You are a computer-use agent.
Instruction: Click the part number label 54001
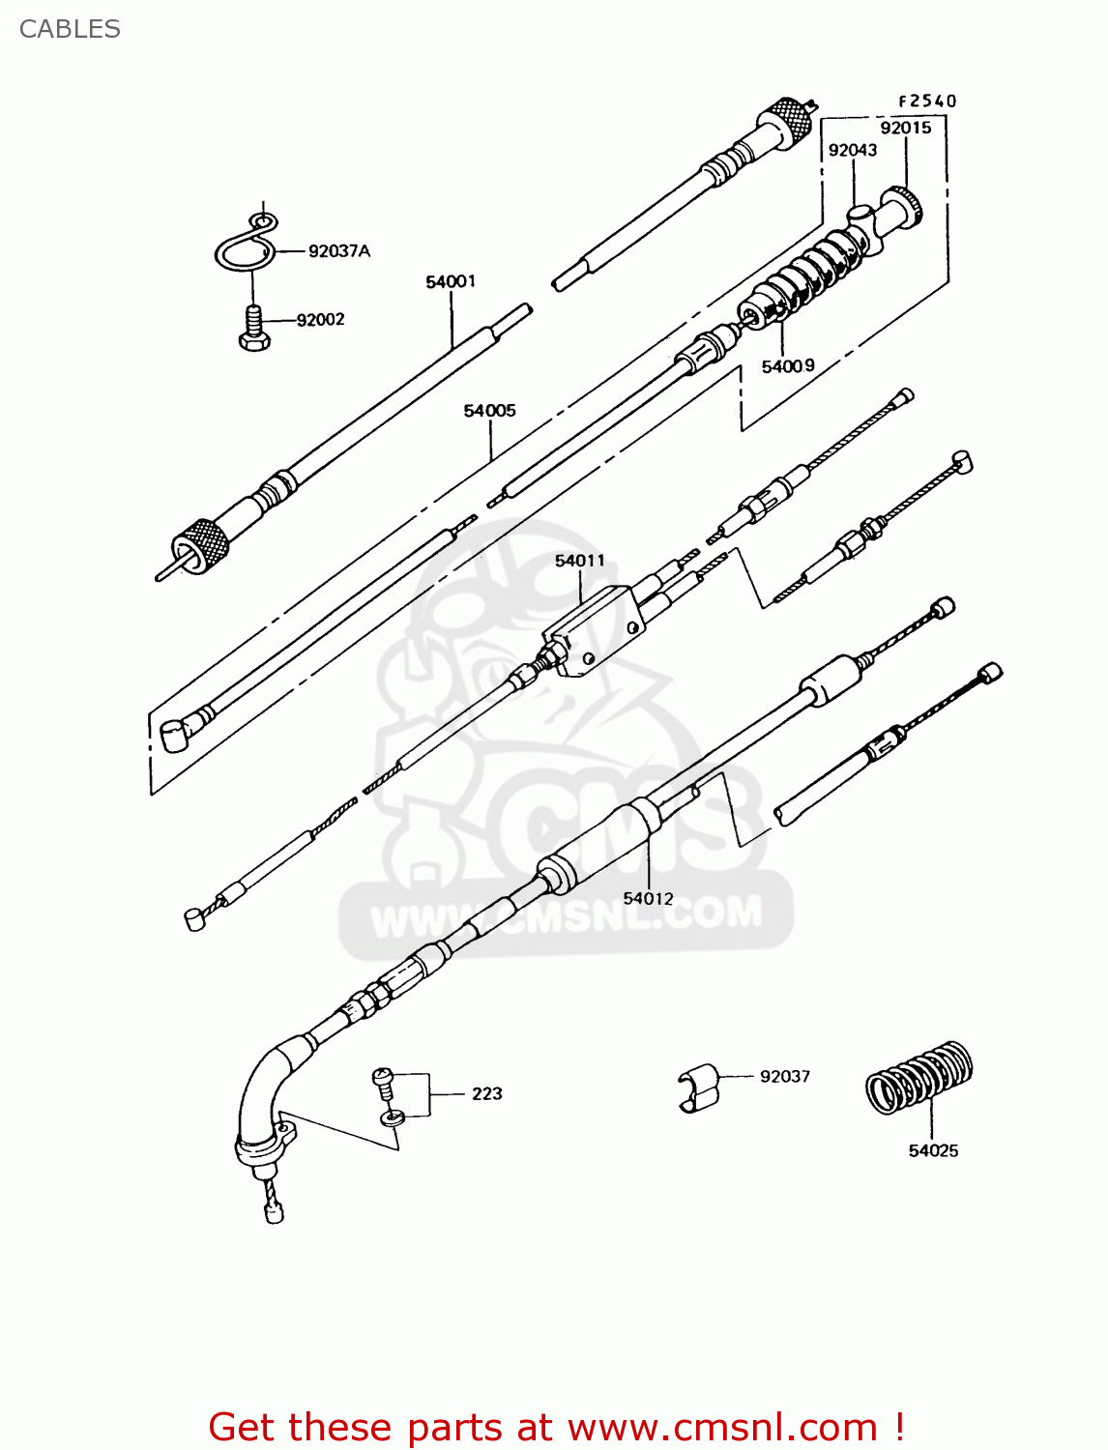coord(451,281)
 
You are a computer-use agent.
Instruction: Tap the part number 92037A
coord(338,251)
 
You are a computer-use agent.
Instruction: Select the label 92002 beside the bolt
coord(320,320)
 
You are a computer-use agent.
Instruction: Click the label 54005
coord(489,411)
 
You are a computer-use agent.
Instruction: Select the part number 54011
coord(579,561)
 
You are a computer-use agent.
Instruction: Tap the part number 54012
coord(648,899)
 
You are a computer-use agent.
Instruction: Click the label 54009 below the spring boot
coord(787,366)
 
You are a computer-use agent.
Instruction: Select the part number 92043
coord(852,150)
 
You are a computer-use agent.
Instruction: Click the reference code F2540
coord(926,101)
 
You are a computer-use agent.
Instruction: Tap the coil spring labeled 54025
coord(918,1077)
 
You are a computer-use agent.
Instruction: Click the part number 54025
coord(932,1150)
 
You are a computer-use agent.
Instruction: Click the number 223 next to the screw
coord(486,1093)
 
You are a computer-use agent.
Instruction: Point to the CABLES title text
coord(70,29)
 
